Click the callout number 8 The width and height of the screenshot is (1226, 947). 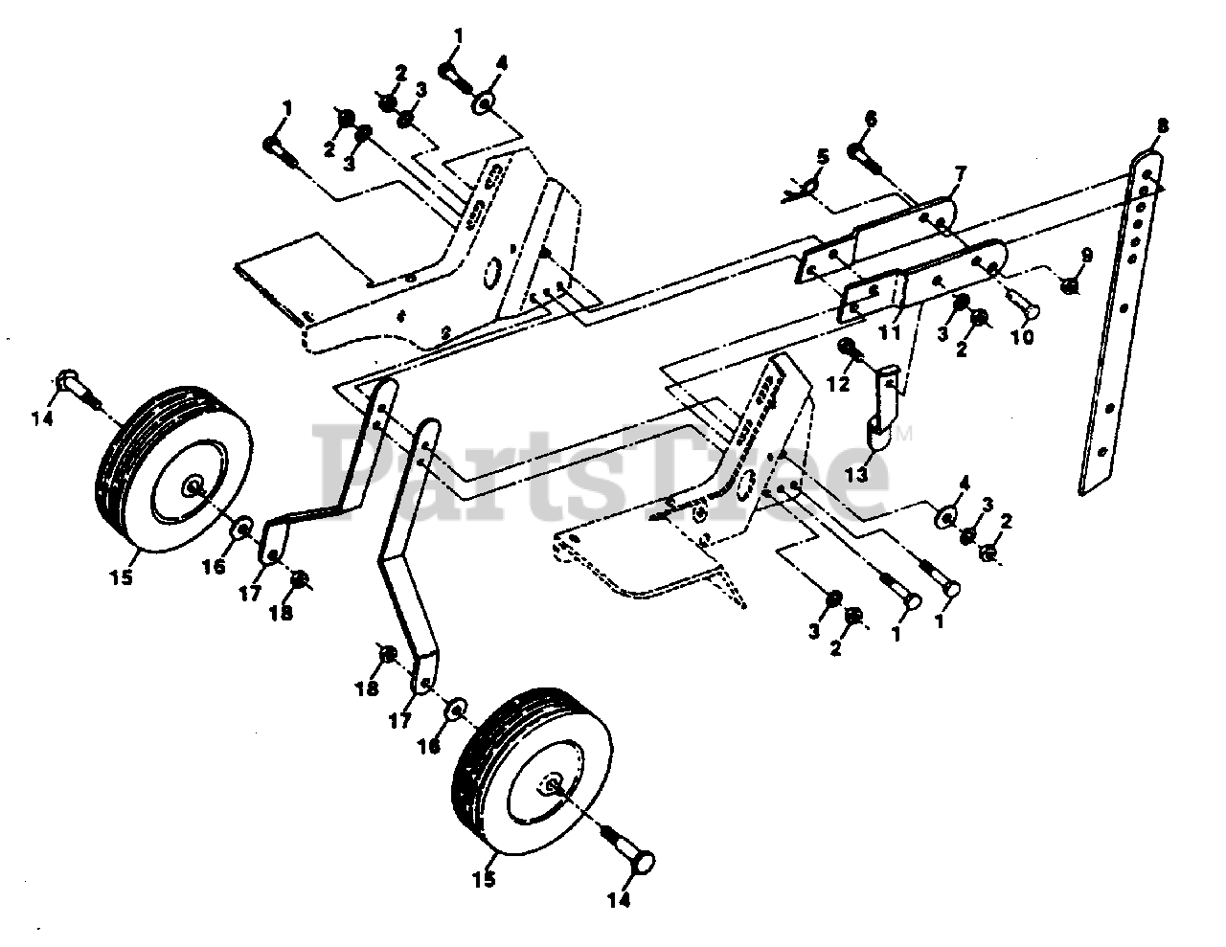point(1162,125)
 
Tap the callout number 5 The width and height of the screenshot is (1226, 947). point(822,155)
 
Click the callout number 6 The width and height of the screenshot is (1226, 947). point(870,119)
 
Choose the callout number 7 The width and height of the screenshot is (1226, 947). point(960,173)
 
